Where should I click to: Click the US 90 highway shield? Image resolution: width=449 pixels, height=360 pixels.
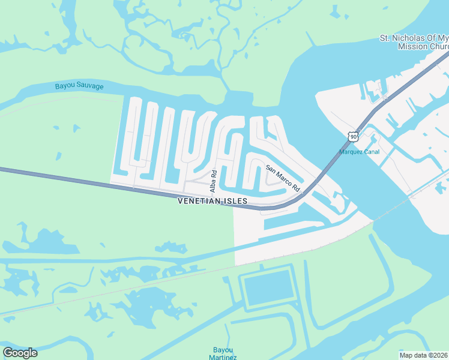click(x=352, y=137)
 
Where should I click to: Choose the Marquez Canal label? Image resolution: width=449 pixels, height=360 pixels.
click(x=359, y=152)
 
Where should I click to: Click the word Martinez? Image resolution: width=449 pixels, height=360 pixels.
click(x=223, y=358)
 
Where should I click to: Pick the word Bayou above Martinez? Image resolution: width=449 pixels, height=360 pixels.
click(x=223, y=350)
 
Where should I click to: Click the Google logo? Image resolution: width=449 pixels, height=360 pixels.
click(x=20, y=353)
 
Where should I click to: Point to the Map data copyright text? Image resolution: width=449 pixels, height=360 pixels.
click(x=423, y=355)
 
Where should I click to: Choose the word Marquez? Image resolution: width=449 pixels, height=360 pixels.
click(x=351, y=152)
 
